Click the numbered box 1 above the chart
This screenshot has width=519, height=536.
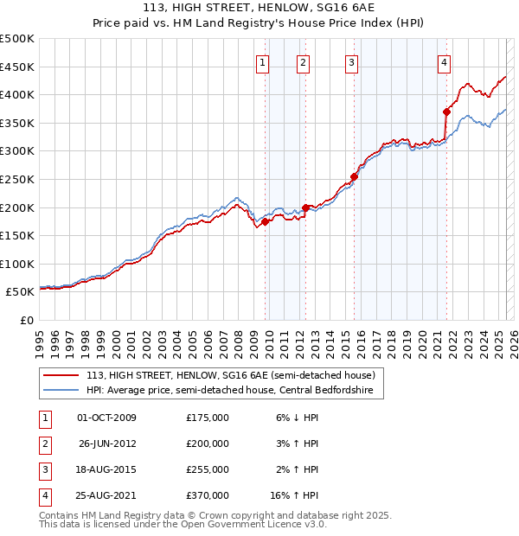pos(262,61)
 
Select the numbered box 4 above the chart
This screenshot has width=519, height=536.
pos(443,61)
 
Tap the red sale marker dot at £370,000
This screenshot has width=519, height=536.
pos(447,112)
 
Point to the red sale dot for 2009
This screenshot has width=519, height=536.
pos(265,221)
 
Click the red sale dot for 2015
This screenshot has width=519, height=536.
pos(354,176)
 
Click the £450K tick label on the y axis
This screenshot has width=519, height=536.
pos(17,67)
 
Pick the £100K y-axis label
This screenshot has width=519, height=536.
pos(17,264)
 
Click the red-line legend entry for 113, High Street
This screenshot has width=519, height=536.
pos(230,375)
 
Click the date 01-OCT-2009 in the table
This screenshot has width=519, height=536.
pos(107,418)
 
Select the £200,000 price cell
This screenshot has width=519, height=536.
pos(208,443)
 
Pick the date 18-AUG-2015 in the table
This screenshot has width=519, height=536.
pos(107,469)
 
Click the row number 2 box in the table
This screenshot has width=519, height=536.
pos(43,443)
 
